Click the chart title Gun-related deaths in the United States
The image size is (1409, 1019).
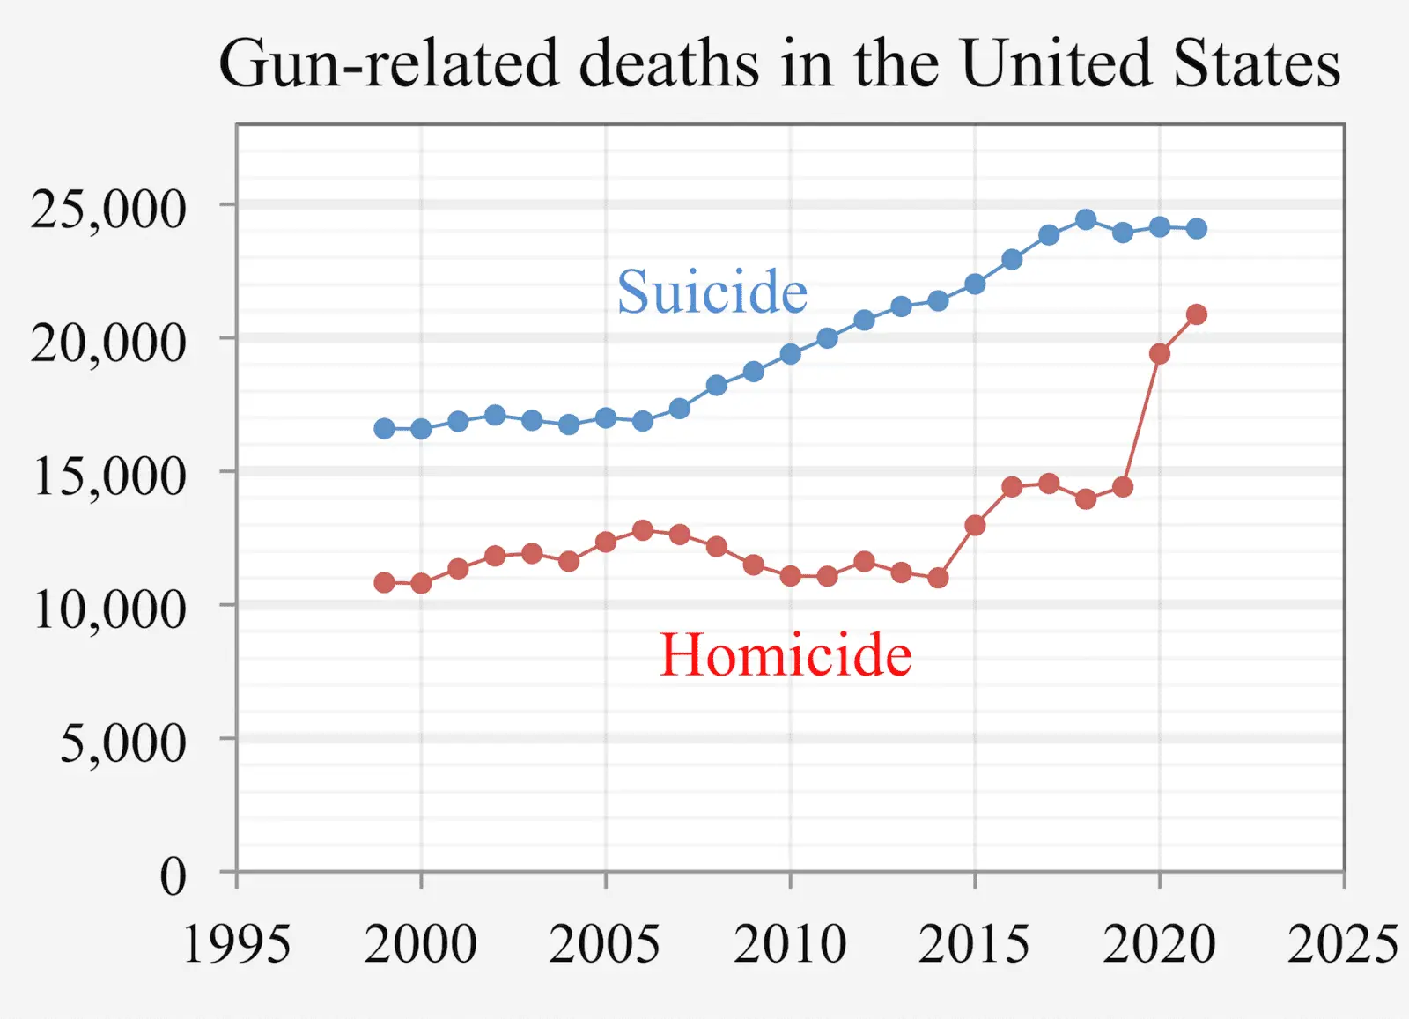point(779,63)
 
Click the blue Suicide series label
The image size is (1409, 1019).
point(712,292)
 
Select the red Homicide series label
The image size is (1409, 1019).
point(786,655)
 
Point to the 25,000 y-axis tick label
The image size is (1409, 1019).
point(109,210)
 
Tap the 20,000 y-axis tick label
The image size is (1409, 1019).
point(109,343)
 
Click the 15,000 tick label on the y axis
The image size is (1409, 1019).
point(109,476)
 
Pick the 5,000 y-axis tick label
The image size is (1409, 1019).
point(123,743)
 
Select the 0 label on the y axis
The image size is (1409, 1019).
point(173,876)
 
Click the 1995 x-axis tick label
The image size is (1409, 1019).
point(236,944)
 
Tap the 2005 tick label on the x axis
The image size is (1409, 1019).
point(605,944)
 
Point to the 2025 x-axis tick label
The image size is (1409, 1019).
point(1342,944)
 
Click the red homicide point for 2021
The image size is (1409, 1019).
point(1196,314)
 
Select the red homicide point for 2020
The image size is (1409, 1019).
point(1159,354)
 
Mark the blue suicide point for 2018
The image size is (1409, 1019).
point(1086,219)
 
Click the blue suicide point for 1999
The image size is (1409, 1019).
point(384,429)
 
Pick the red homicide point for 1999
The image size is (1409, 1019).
point(384,582)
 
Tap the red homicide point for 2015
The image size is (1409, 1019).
point(975,525)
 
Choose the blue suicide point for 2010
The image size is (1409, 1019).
point(790,354)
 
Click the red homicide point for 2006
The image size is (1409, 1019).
point(643,530)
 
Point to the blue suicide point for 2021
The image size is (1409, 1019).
point(1196,229)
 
